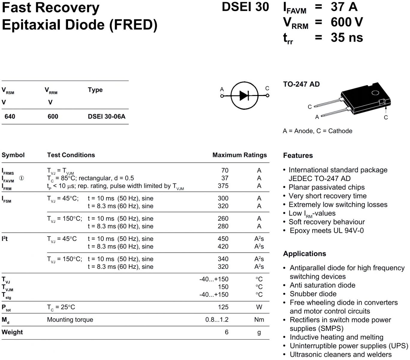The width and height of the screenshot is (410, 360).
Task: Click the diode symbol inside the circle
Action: tap(244, 96)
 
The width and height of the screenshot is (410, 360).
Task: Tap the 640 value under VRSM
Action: tap(10, 116)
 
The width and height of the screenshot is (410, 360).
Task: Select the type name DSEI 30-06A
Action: tap(106, 116)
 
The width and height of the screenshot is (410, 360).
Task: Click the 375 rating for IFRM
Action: tap(223, 186)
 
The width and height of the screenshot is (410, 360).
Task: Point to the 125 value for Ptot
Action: tap(223, 307)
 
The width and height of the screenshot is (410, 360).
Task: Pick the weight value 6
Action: tap(227, 332)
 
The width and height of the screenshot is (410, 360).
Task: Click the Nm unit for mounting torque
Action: tap(259, 319)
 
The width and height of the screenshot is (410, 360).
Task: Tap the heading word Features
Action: tap(298, 155)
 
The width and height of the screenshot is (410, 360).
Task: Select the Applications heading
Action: tap(304, 253)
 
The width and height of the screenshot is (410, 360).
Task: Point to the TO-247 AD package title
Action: tap(301, 84)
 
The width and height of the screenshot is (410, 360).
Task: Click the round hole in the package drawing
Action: tap(375, 93)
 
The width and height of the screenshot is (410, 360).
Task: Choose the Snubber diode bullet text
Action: tap(313, 294)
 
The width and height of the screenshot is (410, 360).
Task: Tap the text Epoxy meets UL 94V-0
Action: tap(326, 230)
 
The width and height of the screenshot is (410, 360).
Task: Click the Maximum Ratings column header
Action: tap(239, 155)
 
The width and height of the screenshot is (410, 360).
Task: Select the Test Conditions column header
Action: tap(71, 155)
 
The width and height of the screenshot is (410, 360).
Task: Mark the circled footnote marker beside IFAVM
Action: tap(22, 178)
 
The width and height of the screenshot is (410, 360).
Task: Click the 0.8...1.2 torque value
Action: tap(217, 319)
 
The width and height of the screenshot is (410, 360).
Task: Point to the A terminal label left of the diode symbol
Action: tap(222, 89)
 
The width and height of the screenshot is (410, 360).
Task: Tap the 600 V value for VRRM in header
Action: tap(347, 22)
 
